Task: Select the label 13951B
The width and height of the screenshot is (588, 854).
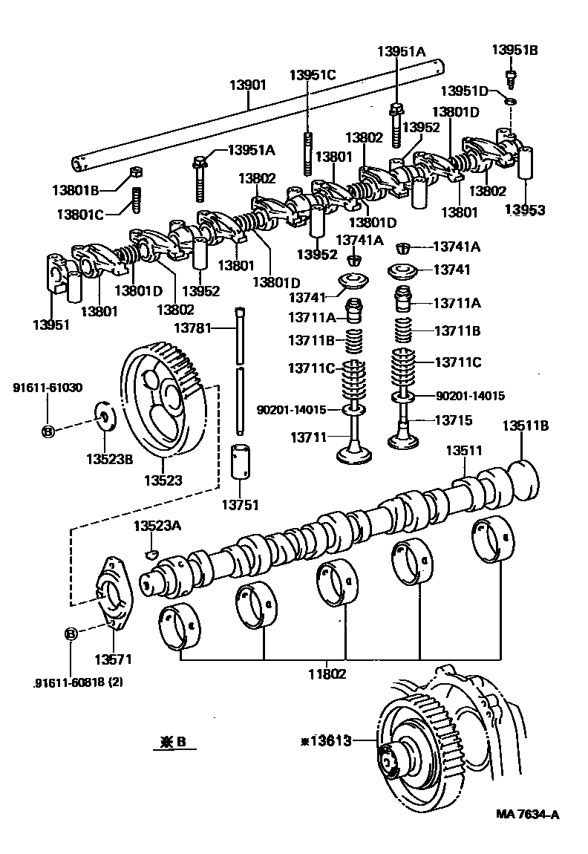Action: click(514, 50)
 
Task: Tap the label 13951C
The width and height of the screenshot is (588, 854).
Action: click(313, 75)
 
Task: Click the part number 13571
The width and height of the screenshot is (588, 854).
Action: click(112, 659)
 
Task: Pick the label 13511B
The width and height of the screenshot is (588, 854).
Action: click(525, 426)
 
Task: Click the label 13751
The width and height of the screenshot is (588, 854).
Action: click(242, 506)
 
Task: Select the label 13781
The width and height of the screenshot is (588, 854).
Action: click(193, 327)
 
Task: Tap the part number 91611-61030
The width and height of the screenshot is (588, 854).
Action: click(48, 388)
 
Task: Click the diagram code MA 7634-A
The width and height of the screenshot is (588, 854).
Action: click(527, 814)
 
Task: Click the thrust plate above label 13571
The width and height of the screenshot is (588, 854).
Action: click(112, 593)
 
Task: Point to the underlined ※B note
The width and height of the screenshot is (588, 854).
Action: click(174, 741)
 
